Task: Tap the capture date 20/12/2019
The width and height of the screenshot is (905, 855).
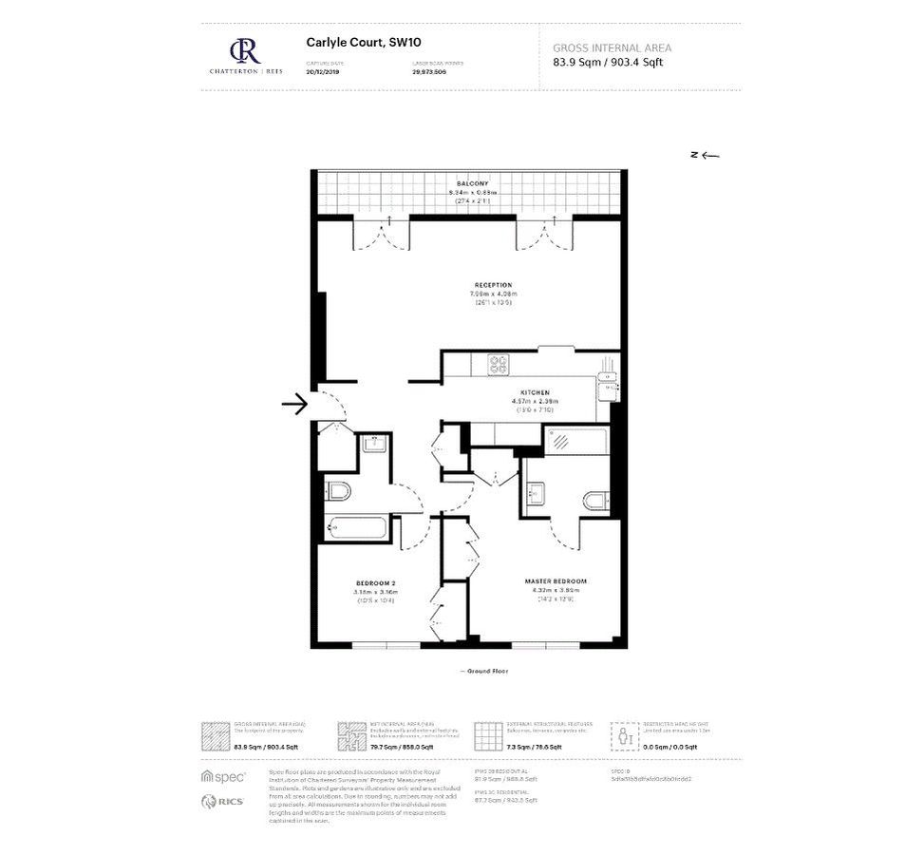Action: pyautogui.click(x=322, y=71)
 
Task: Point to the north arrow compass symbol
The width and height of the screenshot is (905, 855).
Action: pyautogui.click(x=705, y=155)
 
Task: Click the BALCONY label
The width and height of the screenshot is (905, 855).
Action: pyautogui.click(x=472, y=182)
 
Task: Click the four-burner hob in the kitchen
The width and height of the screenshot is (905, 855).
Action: pyautogui.click(x=499, y=364)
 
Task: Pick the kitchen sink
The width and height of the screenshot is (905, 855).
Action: pyautogui.click(x=609, y=383)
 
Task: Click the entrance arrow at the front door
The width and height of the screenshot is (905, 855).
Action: pyautogui.click(x=294, y=405)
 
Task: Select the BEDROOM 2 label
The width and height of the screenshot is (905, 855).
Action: pyautogui.click(x=375, y=582)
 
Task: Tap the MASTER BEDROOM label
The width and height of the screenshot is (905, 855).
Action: pyautogui.click(x=556, y=581)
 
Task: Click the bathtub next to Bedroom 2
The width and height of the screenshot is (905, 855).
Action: pyautogui.click(x=355, y=526)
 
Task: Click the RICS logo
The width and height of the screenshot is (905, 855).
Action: pyautogui.click(x=222, y=801)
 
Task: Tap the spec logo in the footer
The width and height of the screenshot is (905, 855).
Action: pyautogui.click(x=222, y=776)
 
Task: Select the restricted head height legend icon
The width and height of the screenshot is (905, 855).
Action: pyautogui.click(x=624, y=734)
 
